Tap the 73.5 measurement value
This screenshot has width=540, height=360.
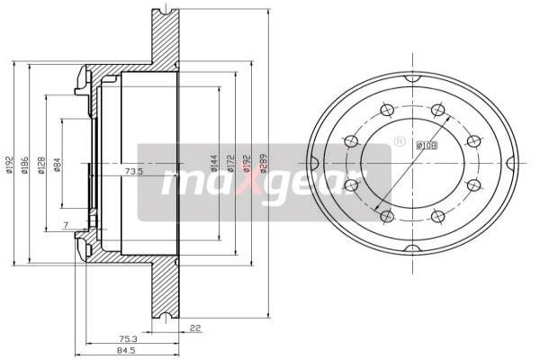click(134, 170)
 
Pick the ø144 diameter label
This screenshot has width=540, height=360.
click(215, 163)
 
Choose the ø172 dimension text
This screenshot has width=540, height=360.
click(230, 163)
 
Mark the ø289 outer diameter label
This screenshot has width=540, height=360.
click(262, 163)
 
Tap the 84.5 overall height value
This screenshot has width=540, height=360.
click(134, 352)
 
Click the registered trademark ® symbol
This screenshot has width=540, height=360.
click(399, 141)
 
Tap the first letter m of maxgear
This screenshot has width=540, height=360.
click(180, 183)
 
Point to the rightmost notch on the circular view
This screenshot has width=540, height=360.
click(509, 164)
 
